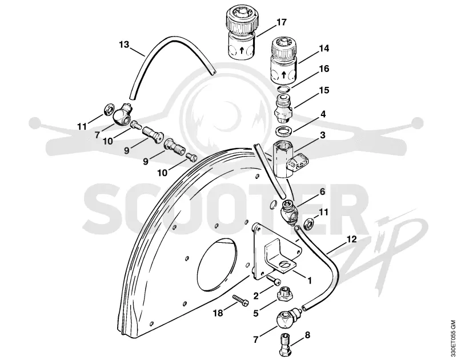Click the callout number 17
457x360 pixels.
[x=282, y=22]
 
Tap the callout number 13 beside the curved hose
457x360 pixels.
[x=124, y=45]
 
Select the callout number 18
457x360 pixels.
[x=218, y=313]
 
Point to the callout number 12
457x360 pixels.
[x=352, y=239]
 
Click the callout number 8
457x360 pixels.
[x=307, y=335]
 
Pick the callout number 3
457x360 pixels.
[x=323, y=135]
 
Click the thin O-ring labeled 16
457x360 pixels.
[x=283, y=89]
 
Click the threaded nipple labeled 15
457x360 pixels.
[x=283, y=109]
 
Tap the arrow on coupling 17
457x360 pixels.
[x=241, y=51]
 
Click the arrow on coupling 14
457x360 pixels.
[x=283, y=74]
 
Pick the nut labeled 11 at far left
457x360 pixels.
[x=108, y=110]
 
